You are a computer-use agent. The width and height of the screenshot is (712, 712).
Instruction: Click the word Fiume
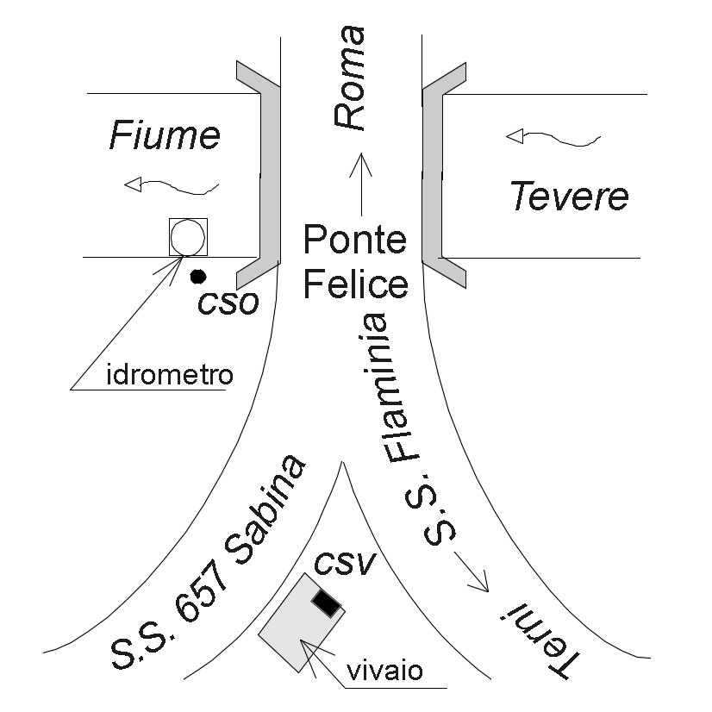(x=165, y=135)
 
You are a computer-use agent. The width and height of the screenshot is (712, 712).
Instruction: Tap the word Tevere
(x=570, y=196)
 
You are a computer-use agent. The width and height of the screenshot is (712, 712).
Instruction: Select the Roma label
(x=349, y=78)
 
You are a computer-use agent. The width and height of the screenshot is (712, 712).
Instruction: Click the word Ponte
(x=354, y=240)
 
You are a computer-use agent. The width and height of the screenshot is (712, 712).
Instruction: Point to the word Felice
(x=355, y=284)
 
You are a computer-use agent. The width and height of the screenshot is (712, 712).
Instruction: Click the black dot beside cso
(x=198, y=276)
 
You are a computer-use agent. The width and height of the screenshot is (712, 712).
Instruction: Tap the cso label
(x=228, y=302)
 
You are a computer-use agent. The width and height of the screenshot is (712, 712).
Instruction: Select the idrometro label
(x=170, y=375)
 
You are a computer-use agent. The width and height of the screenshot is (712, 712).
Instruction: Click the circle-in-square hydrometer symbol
(x=188, y=237)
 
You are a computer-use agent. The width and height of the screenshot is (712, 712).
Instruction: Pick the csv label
(x=345, y=563)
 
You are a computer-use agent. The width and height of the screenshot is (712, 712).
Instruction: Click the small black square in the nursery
(x=326, y=603)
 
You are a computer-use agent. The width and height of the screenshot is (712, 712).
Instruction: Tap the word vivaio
(x=384, y=671)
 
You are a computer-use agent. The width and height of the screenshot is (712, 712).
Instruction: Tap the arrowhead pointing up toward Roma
(x=361, y=164)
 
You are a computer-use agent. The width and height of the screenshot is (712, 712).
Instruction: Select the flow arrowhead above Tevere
(x=515, y=136)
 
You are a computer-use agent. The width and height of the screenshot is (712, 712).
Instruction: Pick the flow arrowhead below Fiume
(x=133, y=184)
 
